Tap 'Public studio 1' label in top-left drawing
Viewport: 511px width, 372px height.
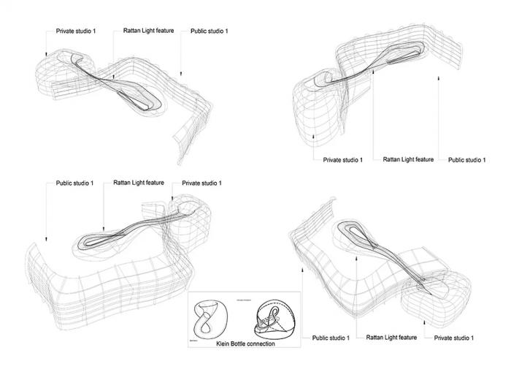[209, 31]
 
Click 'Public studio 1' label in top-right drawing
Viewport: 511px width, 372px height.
[466, 159]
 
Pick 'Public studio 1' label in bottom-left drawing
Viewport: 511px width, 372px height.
[74, 183]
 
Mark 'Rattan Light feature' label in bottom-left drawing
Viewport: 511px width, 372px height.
[139, 183]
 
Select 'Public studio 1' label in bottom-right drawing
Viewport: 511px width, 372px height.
[331, 338]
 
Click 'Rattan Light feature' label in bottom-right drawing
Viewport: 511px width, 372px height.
[391, 338]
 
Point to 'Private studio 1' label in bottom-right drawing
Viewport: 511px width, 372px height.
[454, 338]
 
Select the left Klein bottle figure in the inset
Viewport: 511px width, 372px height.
[212, 322]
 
